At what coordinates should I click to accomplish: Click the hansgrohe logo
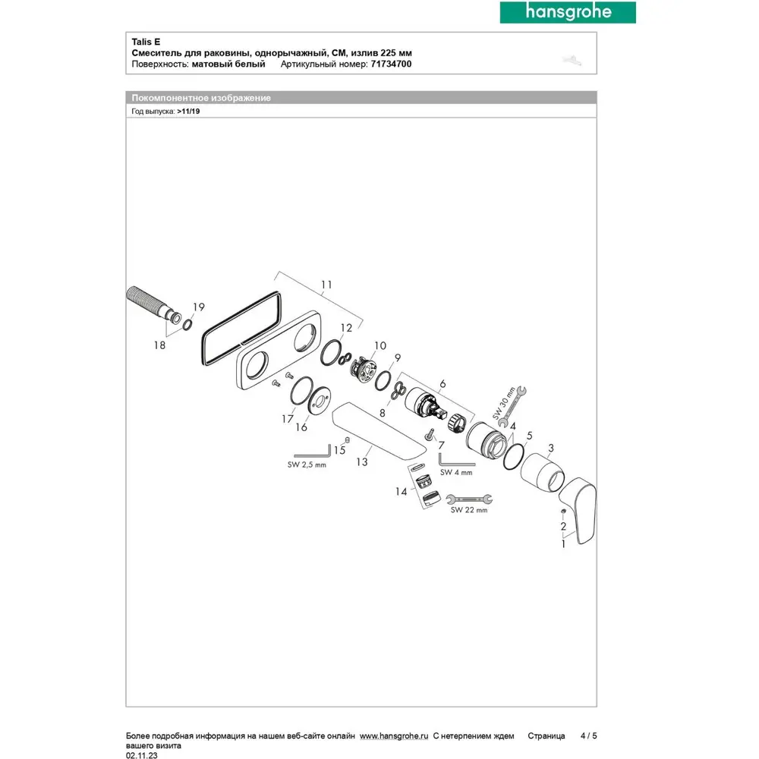coord(568,12)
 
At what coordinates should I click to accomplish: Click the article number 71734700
coord(391,64)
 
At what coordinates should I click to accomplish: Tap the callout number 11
coord(326,285)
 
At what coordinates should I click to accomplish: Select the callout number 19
coord(198,307)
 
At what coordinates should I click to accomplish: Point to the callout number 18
coord(159,345)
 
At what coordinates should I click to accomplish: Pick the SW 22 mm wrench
coord(469,499)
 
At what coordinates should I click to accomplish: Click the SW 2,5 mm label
coord(307,465)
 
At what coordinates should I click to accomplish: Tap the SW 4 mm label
coord(456,472)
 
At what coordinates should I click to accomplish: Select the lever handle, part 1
coord(578,509)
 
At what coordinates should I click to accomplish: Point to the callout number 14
coord(402,492)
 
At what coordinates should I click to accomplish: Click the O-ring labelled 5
coord(513,457)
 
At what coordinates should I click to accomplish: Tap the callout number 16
coord(301,427)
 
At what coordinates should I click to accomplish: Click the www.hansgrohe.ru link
coord(394,735)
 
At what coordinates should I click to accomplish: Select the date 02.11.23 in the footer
coord(141,755)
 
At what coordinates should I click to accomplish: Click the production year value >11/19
coord(188,112)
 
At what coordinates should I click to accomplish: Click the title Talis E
coord(146,42)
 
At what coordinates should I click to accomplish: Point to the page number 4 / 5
coord(589,735)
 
